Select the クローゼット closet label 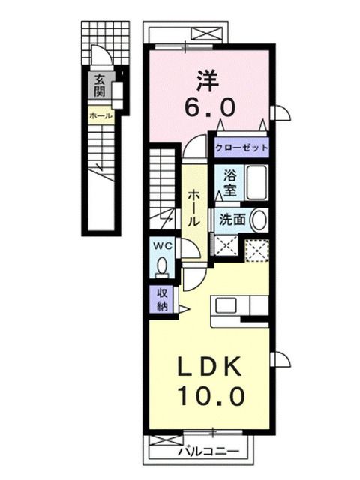(241, 148)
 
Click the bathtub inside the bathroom (257, 182)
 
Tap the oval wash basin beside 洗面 (259, 220)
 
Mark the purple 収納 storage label (162, 299)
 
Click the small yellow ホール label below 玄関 (100, 116)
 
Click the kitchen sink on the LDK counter (226, 306)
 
